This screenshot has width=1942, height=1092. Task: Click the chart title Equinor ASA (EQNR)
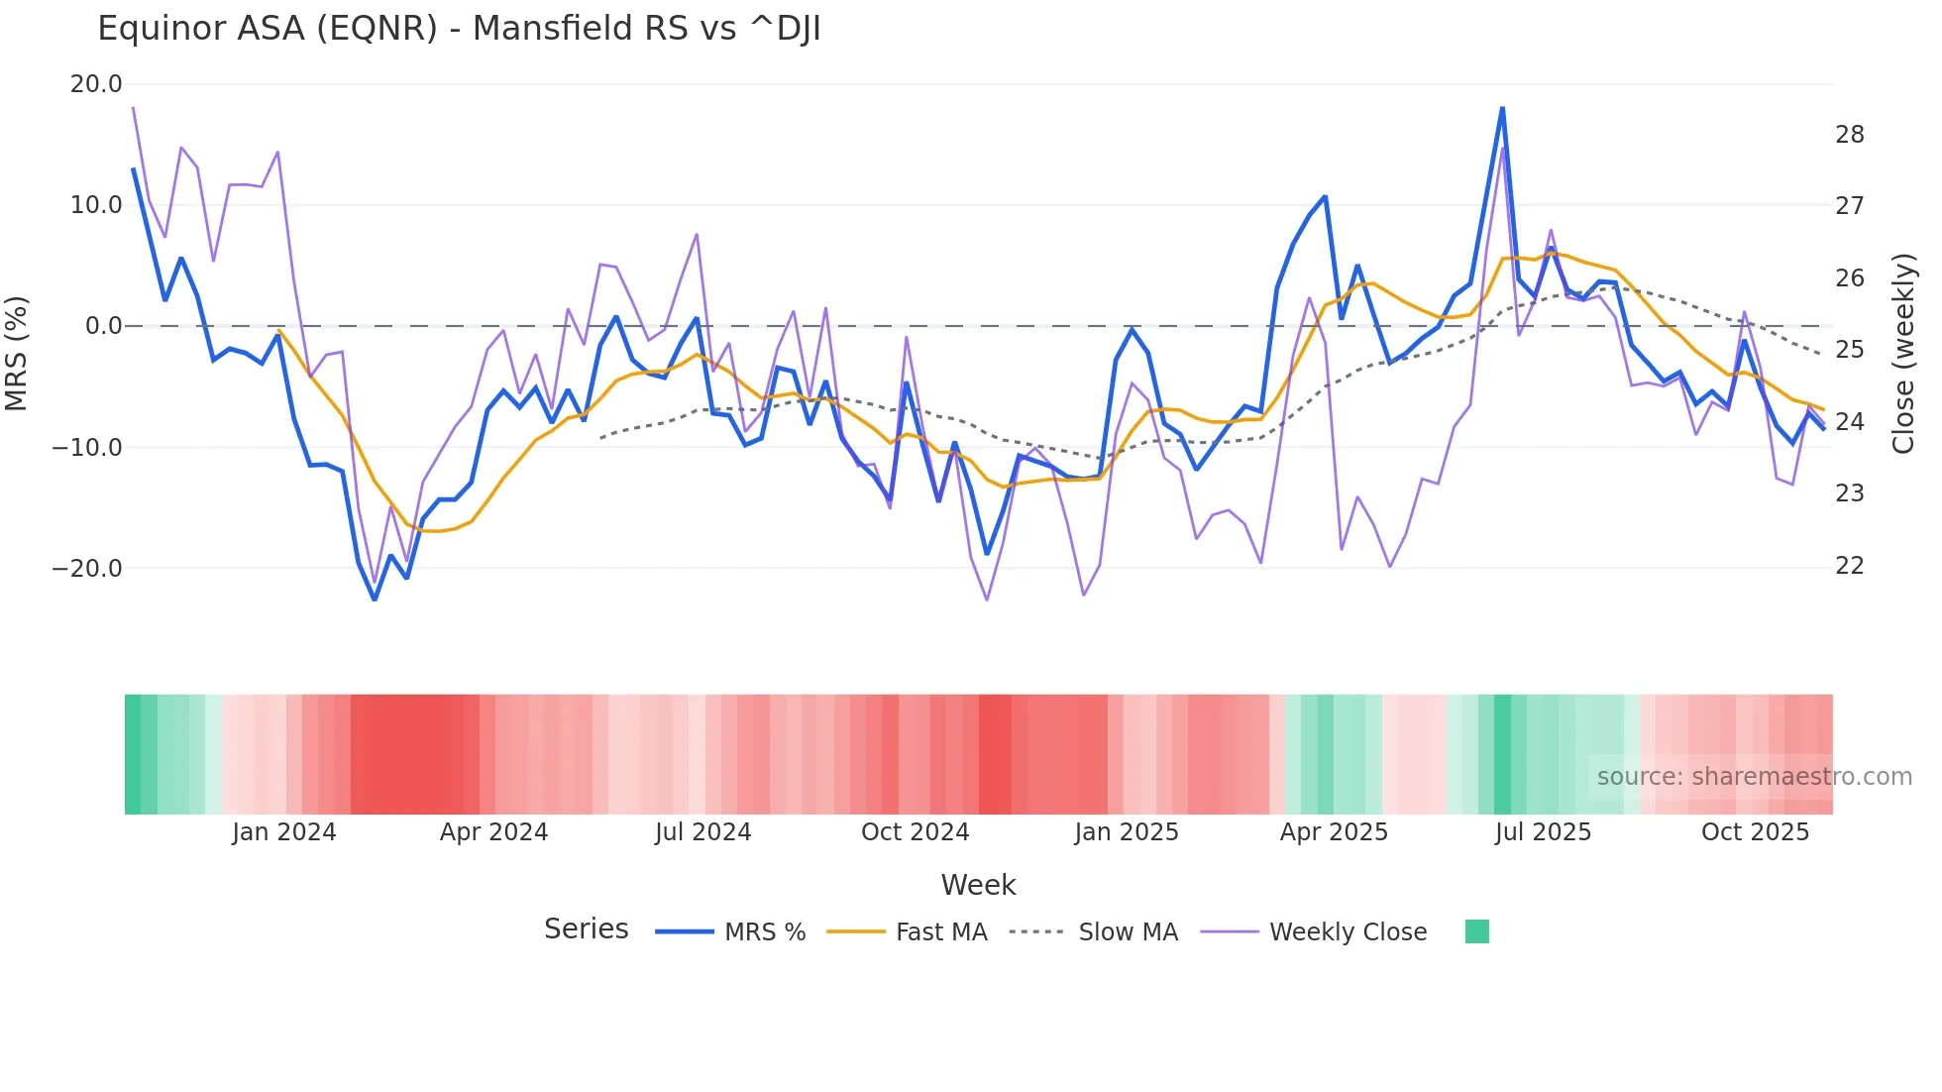click(459, 29)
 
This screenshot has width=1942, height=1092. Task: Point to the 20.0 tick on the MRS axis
click(96, 84)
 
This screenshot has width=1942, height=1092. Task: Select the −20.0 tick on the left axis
click(87, 569)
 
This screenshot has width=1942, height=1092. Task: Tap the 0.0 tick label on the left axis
click(103, 326)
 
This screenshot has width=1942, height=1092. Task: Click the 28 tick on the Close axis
click(1849, 135)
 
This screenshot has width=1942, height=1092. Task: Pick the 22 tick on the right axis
click(1849, 566)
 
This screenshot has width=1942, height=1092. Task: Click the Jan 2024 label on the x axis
click(284, 832)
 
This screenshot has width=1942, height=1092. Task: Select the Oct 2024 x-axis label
click(915, 832)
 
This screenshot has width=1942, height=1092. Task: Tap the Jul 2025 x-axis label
click(1543, 832)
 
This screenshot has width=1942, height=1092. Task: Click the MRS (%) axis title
click(17, 353)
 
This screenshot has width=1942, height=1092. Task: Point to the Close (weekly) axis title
click(1903, 353)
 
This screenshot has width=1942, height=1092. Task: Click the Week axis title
click(978, 885)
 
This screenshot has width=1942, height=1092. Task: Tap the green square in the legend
click(1476, 931)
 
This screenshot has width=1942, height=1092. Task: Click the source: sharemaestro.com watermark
click(1754, 777)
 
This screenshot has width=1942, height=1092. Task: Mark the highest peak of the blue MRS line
click(1502, 108)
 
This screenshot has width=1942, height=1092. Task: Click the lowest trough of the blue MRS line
click(375, 600)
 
